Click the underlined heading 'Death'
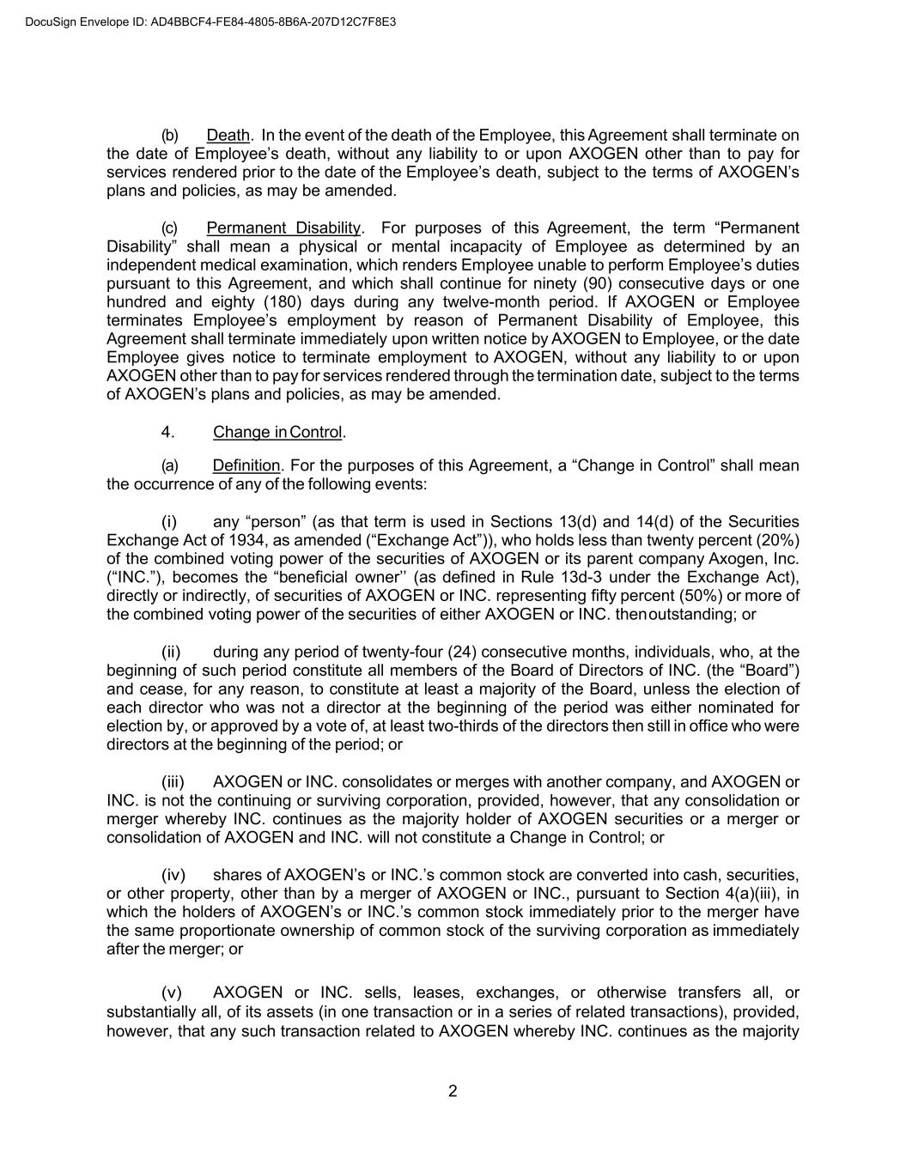[228, 136]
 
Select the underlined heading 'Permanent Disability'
[283, 228]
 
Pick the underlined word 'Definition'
[246, 466]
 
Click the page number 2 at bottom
[453, 1092]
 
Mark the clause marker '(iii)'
[173, 782]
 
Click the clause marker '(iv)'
[173, 876]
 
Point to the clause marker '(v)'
[172, 994]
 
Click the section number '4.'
[168, 432]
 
